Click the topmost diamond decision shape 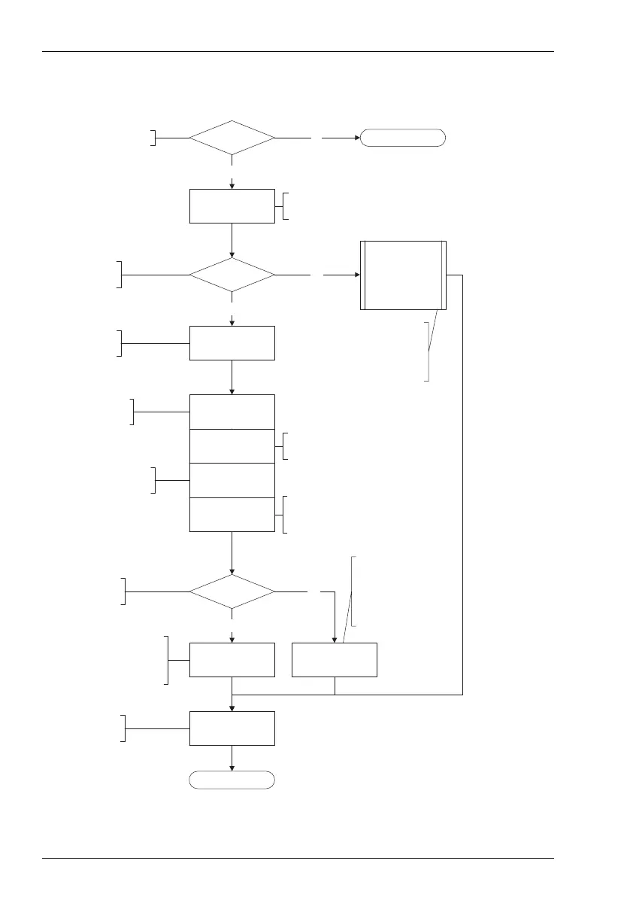tap(232, 138)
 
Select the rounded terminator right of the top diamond tap(403, 138)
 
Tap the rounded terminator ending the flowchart tap(232, 780)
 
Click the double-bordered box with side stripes tap(403, 275)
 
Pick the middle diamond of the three tap(232, 276)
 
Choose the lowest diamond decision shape tap(232, 592)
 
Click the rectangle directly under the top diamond tap(232, 206)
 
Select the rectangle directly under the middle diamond tap(232, 343)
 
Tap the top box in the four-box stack tap(232, 412)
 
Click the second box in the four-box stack tap(232, 446)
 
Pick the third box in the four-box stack tap(232, 480)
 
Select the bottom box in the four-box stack tap(232, 515)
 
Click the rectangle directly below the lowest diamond tap(232, 660)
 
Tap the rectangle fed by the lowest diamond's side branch tap(334, 660)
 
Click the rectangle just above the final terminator tap(232, 728)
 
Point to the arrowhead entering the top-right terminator tap(357, 138)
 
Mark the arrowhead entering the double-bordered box tap(356, 275)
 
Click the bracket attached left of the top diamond tap(154, 138)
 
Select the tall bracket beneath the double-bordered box tap(429, 351)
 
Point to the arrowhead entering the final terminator tap(232, 768)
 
